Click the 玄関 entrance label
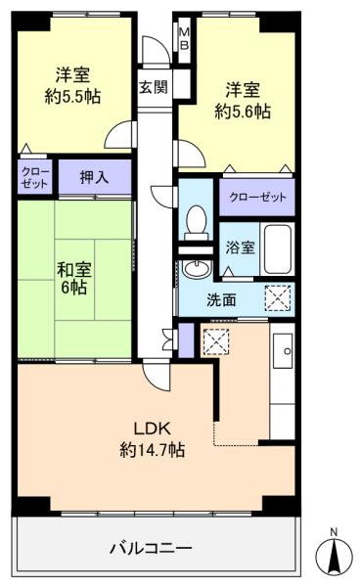[154, 86]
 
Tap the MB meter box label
[183, 40]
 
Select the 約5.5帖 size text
[73, 96]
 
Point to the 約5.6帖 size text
[237, 113]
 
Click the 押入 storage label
[93, 179]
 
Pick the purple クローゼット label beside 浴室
[257, 197]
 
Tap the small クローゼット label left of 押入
[33, 178]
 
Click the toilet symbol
[196, 224]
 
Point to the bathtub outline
[279, 248]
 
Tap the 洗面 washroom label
[221, 300]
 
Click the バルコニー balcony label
[150, 547]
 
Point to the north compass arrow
[335, 557]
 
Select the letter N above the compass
[335, 531]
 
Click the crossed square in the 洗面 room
[278, 297]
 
